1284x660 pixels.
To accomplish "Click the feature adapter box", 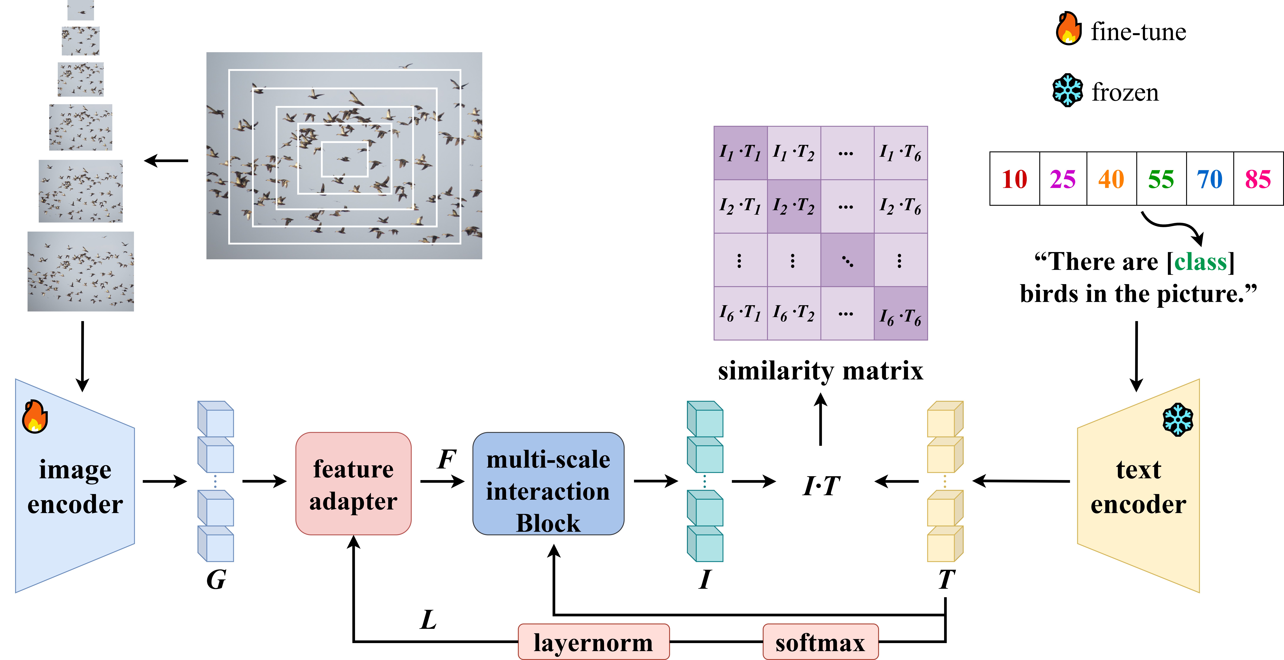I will pyautogui.click(x=353, y=483).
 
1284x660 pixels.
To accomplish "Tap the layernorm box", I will pyautogui.click(x=593, y=642).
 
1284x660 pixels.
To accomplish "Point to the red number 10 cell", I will pyautogui.click(x=1014, y=179).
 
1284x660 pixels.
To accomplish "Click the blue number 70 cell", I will pyautogui.click(x=1210, y=179).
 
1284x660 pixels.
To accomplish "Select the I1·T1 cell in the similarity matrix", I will pyautogui.click(x=740, y=153).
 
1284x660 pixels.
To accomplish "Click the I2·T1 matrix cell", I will pyautogui.click(x=740, y=206).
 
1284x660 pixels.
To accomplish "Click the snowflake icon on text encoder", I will pyautogui.click(x=1178, y=419).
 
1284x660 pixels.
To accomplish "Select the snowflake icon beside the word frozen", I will pyautogui.click(x=1067, y=90).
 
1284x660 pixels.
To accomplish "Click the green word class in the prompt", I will pyautogui.click(x=1200, y=262).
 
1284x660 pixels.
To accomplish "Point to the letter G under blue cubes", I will pyautogui.click(x=216, y=580).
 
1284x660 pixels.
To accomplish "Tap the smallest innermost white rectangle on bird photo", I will pyautogui.click(x=344, y=159).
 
